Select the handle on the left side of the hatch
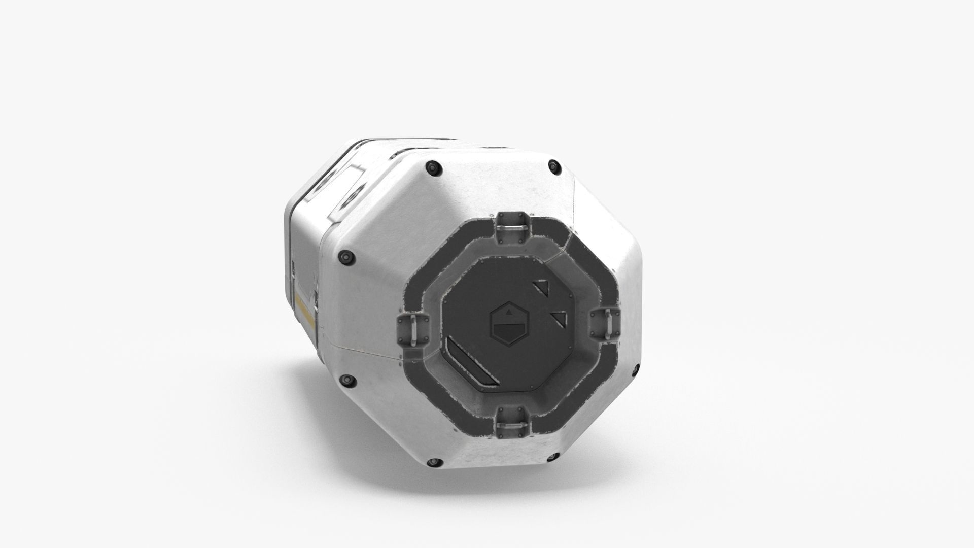[412, 329]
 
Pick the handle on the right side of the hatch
[607, 322]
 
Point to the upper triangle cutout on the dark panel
[542, 290]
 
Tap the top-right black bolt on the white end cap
[554, 165]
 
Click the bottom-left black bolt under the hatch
[433, 462]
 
